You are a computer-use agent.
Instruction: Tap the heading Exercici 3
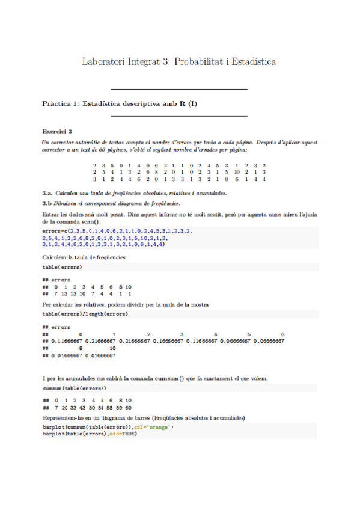point(57,131)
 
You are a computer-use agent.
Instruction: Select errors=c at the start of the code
point(55,231)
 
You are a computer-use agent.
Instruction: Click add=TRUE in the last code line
point(121,434)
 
